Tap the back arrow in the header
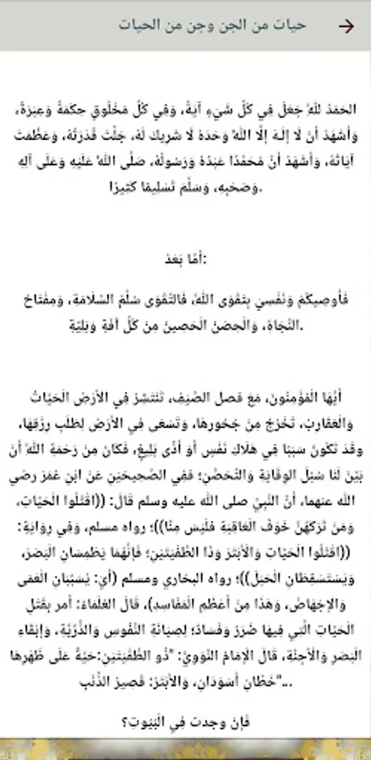[x=346, y=25]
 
